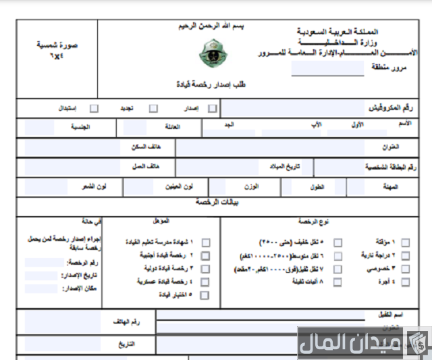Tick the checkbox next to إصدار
(213, 107)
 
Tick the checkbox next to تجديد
(154, 107)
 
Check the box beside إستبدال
(94, 107)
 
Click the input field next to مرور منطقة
(318, 68)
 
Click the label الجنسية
(81, 126)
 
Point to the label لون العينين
(178, 186)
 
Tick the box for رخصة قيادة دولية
(205, 269)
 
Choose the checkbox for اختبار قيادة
(205, 294)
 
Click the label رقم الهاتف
(126, 322)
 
